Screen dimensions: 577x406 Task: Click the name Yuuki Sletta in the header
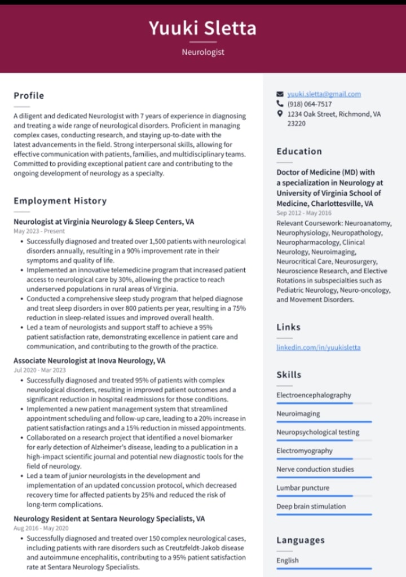203,28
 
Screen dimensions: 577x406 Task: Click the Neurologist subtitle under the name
203,52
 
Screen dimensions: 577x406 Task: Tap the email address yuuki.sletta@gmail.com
324,94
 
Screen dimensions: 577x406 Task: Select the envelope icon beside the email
280,94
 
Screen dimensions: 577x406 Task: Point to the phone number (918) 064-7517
310,104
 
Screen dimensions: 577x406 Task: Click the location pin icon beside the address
280,114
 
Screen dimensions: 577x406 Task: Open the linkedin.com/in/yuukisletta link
318,347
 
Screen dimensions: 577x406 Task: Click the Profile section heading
29,96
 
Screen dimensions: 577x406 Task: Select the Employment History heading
60,201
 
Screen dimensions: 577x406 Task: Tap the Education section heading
299,151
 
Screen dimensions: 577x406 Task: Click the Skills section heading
289,375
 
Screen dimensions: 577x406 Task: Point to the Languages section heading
300,540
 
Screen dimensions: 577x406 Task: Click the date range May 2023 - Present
39,231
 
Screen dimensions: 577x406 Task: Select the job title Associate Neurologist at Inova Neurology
89,360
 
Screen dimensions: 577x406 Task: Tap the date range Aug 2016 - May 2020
41,528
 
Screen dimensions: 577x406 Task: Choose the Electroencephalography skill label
314,395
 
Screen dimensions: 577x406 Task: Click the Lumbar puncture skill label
302,488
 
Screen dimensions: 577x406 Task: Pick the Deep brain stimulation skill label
311,506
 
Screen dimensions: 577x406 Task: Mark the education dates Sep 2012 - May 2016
304,213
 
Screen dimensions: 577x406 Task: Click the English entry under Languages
287,561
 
